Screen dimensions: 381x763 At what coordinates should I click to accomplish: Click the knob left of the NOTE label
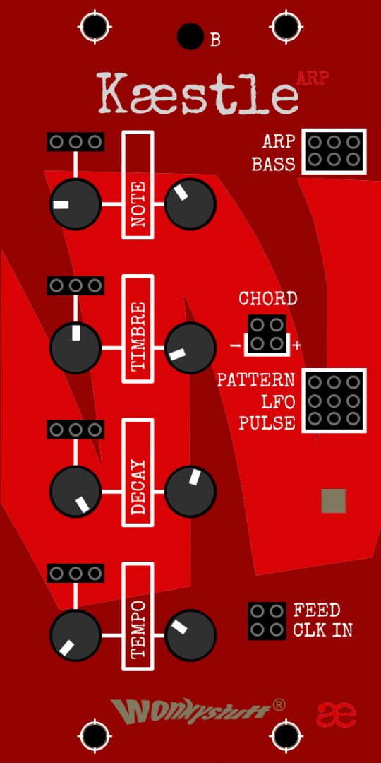pos(75,204)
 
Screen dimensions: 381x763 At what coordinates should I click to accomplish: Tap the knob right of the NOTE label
pos(190,204)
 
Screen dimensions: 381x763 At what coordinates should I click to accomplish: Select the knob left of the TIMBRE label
pos(75,348)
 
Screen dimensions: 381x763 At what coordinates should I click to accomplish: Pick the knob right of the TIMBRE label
pos(190,348)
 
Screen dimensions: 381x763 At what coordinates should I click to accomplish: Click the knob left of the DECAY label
pos(75,492)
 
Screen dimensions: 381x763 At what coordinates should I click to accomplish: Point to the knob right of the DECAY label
pos(190,492)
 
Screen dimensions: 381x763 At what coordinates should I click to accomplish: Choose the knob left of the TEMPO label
pos(75,636)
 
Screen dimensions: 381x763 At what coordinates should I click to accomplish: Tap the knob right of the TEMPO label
pos(190,636)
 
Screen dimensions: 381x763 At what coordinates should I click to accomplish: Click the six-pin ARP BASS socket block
pos(334,151)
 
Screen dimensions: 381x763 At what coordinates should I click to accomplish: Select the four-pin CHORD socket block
pos(267,333)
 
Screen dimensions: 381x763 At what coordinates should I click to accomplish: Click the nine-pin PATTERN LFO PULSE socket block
pos(334,401)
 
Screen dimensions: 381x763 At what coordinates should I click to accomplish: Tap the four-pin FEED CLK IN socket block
pos(267,621)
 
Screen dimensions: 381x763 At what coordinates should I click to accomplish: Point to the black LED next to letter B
pos(190,37)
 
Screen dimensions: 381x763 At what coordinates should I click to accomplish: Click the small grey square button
pos(333,501)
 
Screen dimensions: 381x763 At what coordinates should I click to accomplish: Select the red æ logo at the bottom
pos(336,714)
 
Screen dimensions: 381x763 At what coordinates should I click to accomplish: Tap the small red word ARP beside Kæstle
pos(312,78)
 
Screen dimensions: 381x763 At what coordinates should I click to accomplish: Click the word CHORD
pos(268,298)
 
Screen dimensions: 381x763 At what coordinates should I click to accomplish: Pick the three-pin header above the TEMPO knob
pos(75,573)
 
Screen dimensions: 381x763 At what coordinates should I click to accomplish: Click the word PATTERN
pos(255,379)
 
